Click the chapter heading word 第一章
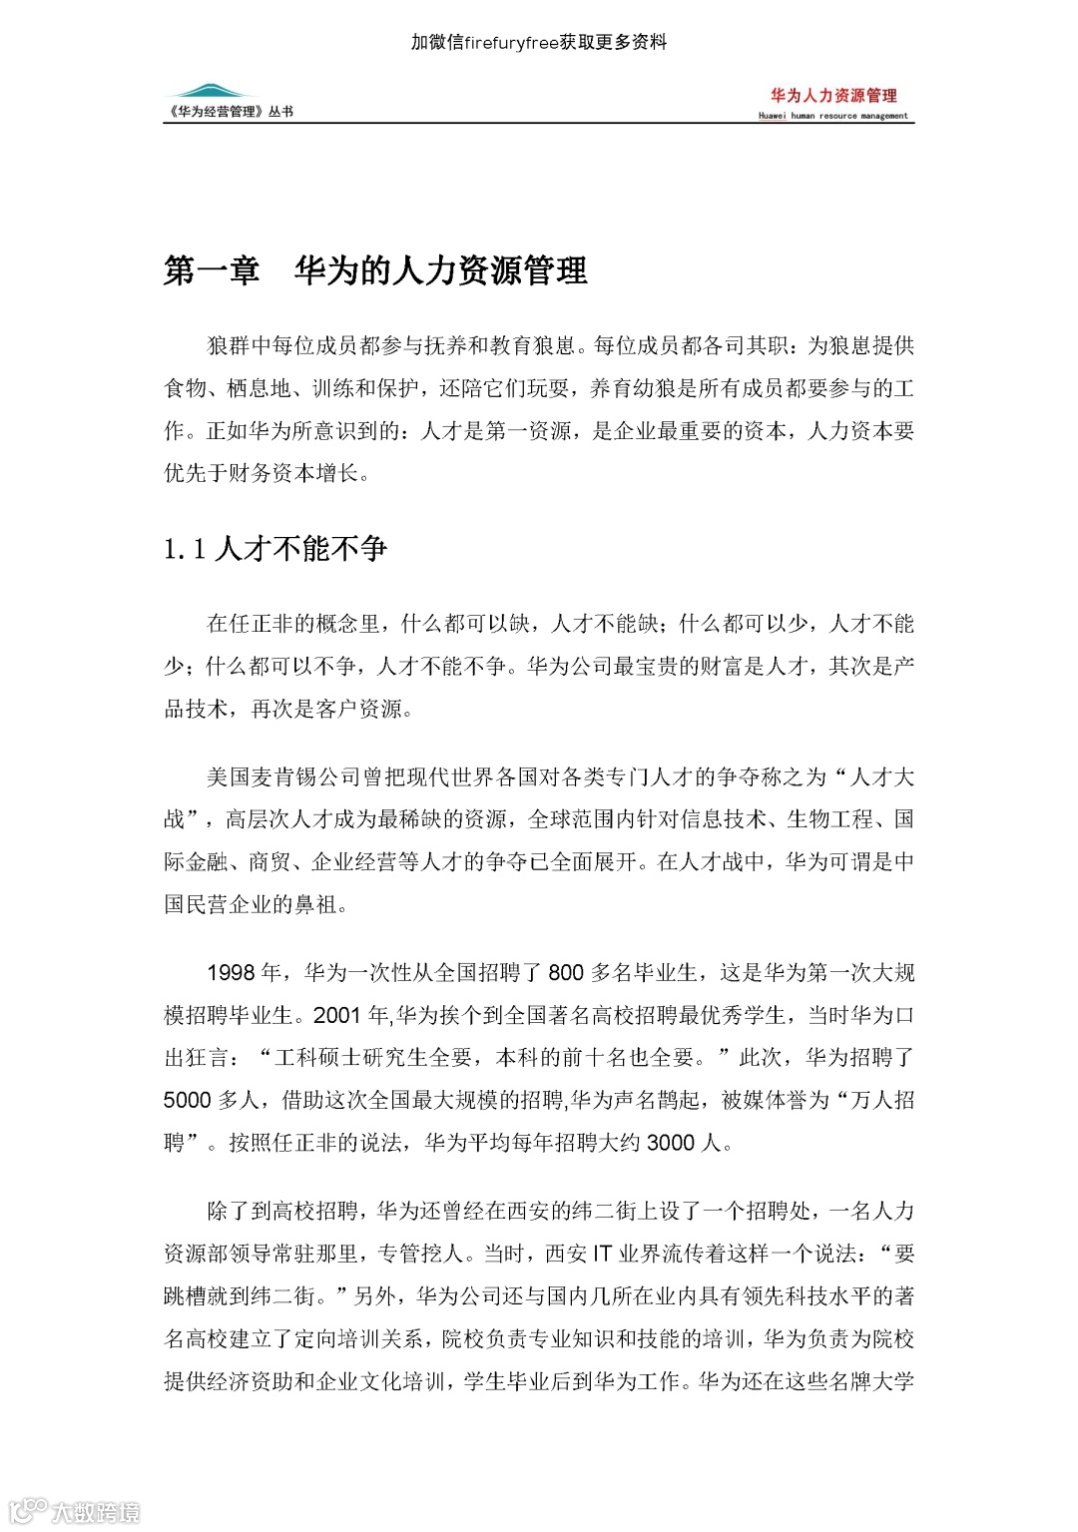tap(212, 270)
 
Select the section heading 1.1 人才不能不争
tap(275, 548)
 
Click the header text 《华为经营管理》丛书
tap(230, 112)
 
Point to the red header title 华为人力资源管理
tap(833, 95)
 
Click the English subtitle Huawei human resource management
tap(832, 116)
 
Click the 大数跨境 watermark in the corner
tap(95, 1511)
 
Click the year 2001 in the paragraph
tap(336, 1015)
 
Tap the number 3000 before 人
tap(671, 1143)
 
